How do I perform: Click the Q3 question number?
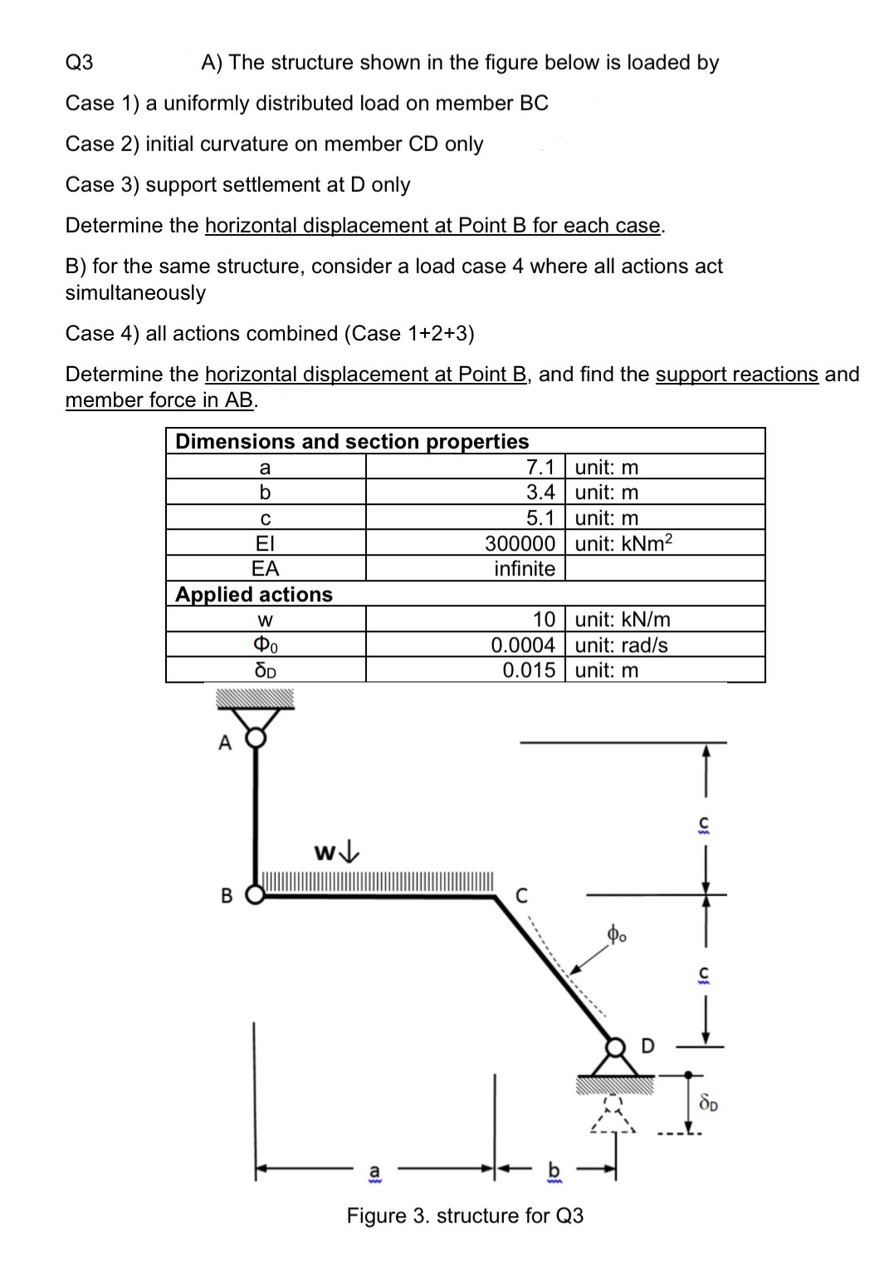point(80,62)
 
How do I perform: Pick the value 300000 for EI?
point(520,543)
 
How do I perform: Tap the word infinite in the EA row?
point(524,569)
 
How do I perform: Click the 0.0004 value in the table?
point(523,645)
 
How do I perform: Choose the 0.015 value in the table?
point(529,670)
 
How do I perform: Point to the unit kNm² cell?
point(623,543)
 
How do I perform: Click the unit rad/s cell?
point(621,645)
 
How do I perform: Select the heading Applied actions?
point(254,594)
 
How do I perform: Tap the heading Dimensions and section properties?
point(352,441)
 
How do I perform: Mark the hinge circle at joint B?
point(254,895)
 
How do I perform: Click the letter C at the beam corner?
point(522,896)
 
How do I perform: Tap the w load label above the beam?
point(337,853)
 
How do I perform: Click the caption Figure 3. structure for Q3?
point(465,1216)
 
